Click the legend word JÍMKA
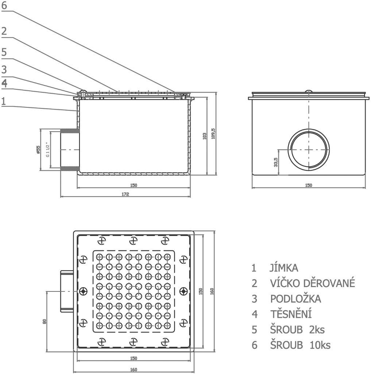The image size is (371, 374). click(x=284, y=268)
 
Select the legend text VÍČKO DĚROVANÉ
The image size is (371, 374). click(x=312, y=283)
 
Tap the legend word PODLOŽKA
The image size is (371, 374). click(x=295, y=299)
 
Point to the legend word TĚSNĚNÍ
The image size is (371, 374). click(x=291, y=314)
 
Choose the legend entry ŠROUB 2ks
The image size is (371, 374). click(x=297, y=330)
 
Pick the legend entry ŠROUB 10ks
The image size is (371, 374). click(x=300, y=345)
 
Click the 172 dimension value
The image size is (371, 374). click(x=125, y=195)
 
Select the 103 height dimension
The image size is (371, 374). click(x=205, y=136)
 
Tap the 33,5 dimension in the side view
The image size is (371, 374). click(x=276, y=162)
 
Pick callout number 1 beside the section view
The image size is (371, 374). click(x=4, y=101)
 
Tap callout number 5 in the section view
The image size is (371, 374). click(x=4, y=52)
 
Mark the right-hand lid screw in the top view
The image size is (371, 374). click(x=183, y=291)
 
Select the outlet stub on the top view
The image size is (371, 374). click(x=66, y=291)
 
